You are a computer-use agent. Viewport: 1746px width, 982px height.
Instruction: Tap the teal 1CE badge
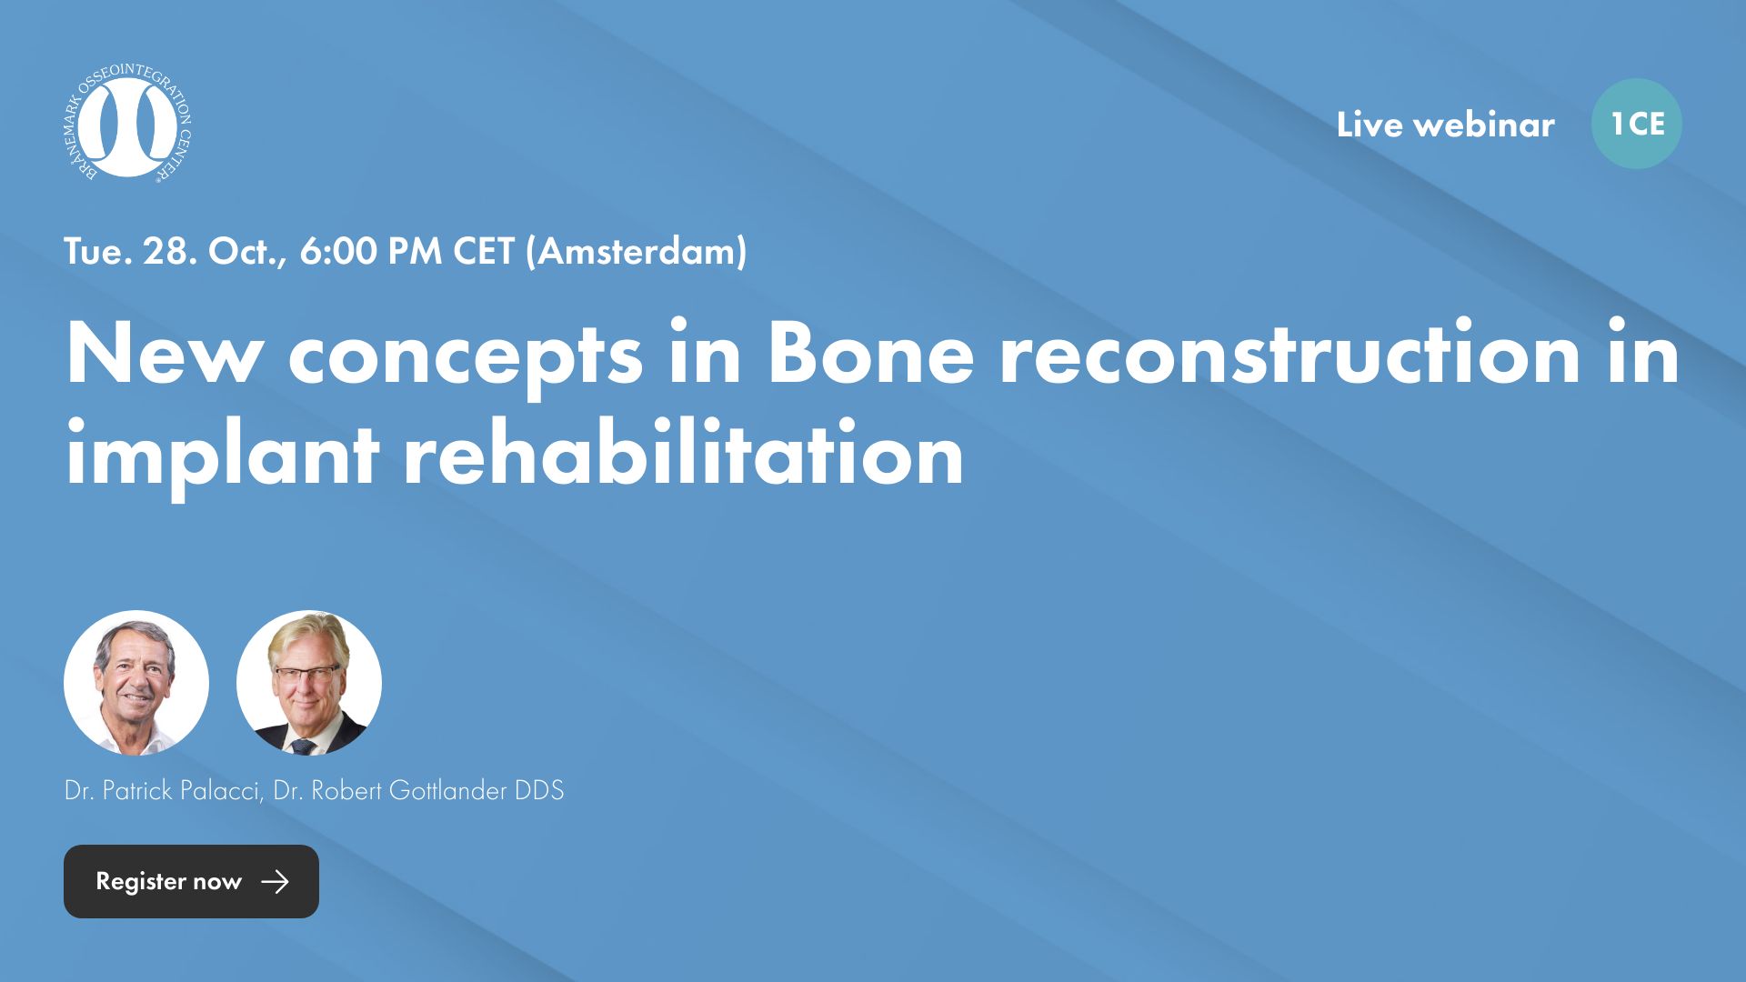(1636, 124)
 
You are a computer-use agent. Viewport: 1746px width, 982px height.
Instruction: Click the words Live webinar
(1445, 125)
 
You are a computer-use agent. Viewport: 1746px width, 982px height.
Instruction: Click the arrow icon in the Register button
(275, 881)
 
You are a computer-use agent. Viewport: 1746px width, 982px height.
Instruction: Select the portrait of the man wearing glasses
(309, 683)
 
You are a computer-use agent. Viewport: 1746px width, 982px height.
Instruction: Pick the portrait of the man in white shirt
(136, 683)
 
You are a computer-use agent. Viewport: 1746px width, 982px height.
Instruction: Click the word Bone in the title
(870, 355)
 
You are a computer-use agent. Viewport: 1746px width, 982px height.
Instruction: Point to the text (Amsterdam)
(636, 251)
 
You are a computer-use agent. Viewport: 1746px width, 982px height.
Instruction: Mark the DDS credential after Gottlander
(539, 790)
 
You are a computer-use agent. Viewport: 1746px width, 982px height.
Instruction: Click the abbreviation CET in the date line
(483, 251)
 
